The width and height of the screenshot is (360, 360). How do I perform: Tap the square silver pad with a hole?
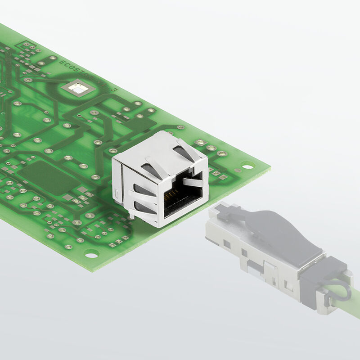coord(79,89)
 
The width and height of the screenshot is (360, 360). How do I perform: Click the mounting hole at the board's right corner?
coord(247,165)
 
